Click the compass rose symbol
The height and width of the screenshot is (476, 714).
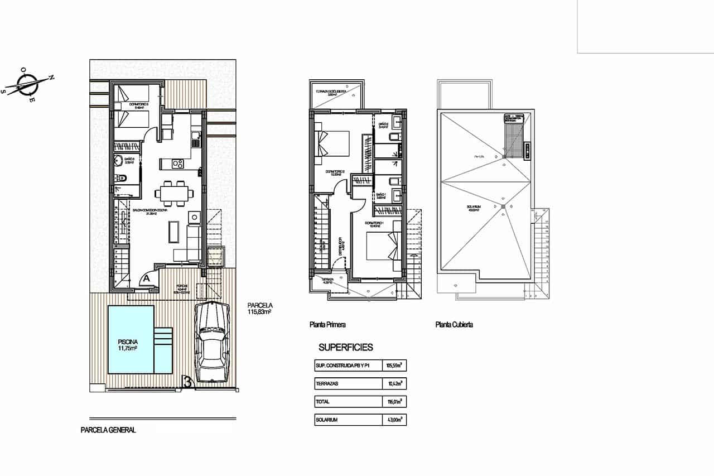point(27,85)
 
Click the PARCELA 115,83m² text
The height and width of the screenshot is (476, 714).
point(259,309)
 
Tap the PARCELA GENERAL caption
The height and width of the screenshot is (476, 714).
point(108,430)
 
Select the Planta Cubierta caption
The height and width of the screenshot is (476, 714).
point(454,324)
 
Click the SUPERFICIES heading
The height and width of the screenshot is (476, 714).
point(345,347)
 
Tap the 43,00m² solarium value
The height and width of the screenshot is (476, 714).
point(394,420)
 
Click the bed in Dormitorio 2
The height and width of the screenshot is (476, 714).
point(333,143)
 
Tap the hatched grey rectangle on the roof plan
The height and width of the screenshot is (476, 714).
point(513,140)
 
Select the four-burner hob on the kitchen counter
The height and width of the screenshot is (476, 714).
point(177,164)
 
